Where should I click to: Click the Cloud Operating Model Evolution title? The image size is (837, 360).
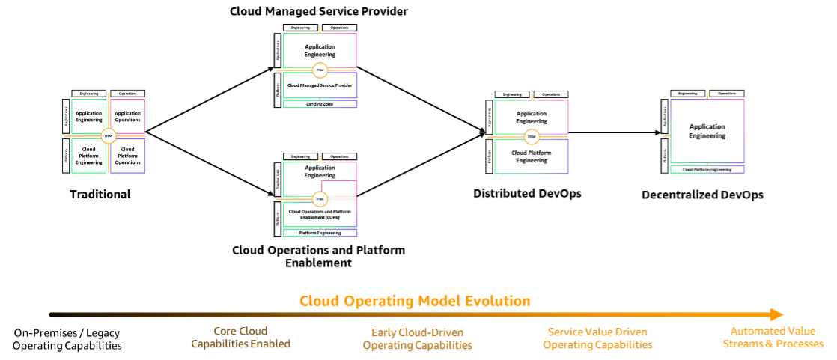[x=415, y=301]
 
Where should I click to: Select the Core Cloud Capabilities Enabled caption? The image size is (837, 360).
[x=240, y=338]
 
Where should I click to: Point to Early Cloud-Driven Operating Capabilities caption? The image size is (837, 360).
[x=417, y=339]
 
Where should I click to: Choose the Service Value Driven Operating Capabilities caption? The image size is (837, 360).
[x=597, y=339]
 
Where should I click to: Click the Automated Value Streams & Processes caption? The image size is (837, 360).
[x=773, y=338]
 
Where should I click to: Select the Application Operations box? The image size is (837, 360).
[x=128, y=116]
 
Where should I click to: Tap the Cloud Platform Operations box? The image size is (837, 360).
[x=128, y=156]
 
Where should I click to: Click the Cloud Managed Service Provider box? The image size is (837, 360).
[x=320, y=85]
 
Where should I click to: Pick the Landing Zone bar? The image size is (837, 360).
[x=320, y=104]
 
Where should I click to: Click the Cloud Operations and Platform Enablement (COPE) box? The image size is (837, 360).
[x=320, y=214]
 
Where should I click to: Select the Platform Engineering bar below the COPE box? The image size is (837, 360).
[x=320, y=233]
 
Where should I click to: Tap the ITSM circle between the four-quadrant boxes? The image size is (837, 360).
[x=108, y=135]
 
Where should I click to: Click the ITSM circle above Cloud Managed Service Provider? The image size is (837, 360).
[x=320, y=70]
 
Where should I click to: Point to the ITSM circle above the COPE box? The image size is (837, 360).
[x=320, y=199]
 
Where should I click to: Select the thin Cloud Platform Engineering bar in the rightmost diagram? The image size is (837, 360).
[x=707, y=170]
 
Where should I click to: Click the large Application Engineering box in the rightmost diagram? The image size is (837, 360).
[x=707, y=131]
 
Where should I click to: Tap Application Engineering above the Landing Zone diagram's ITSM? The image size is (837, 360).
[x=320, y=50]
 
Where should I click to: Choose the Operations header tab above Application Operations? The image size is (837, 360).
[x=128, y=94]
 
